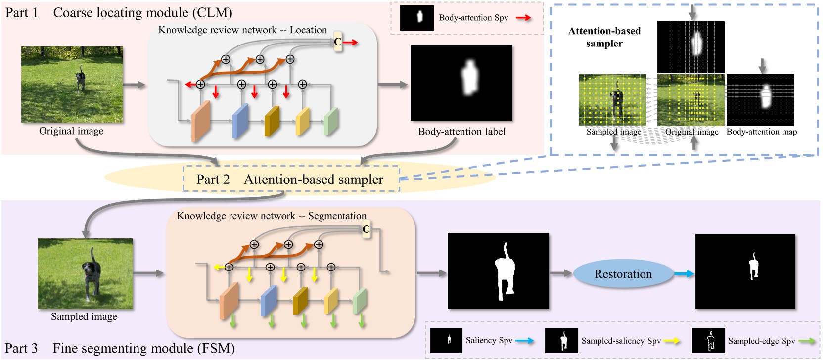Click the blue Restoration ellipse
tap(623, 274)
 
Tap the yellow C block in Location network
tap(338, 42)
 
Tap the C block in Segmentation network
tap(366, 229)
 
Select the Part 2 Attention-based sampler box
tap(291, 179)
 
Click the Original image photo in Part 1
tap(72, 85)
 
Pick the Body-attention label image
tap(461, 82)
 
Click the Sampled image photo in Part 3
tap(85, 273)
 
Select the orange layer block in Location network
tap(200, 121)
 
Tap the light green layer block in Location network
tap(330, 122)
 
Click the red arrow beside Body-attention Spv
tap(523, 18)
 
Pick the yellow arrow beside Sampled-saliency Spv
tap(671, 341)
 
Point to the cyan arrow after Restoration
tap(684, 274)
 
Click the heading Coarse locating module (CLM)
tap(142, 13)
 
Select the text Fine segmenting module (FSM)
tap(143, 348)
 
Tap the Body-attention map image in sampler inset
tap(760, 100)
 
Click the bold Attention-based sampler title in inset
tap(604, 37)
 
